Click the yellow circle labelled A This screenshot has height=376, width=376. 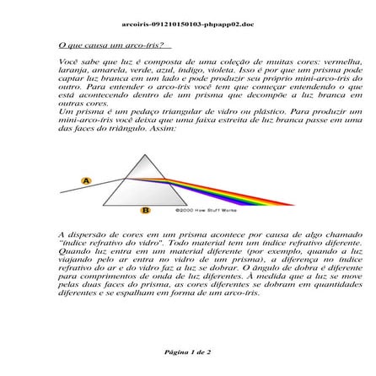[x=86, y=180]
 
